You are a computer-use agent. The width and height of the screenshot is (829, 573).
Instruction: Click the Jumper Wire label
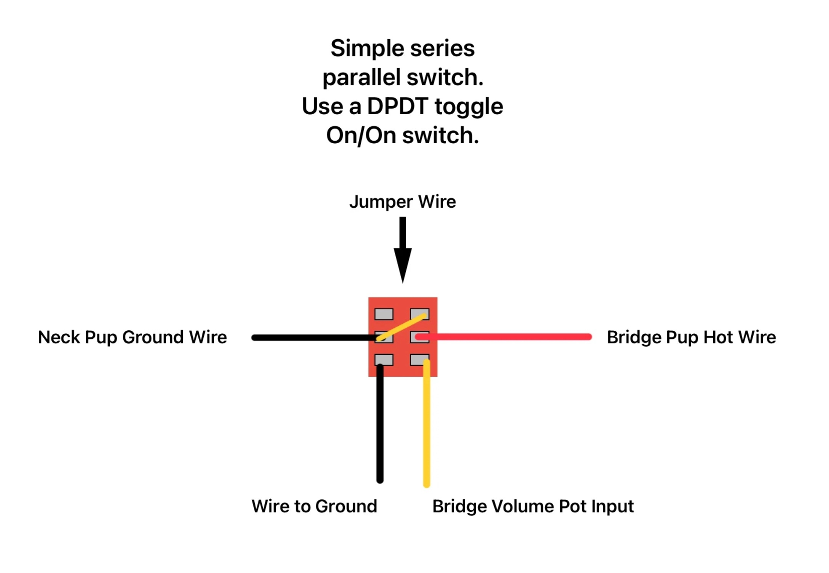(402, 202)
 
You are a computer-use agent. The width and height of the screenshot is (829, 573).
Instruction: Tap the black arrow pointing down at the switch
(403, 250)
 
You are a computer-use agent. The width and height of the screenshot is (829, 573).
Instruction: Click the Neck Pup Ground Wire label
(132, 338)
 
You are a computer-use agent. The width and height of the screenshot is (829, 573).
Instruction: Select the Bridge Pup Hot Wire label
(691, 338)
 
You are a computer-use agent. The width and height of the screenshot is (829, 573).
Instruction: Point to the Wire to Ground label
(314, 506)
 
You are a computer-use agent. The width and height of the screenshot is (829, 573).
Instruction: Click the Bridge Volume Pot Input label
(533, 507)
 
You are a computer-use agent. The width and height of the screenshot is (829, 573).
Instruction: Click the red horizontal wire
(503, 337)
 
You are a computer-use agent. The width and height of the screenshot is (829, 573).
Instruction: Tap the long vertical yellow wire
(427, 423)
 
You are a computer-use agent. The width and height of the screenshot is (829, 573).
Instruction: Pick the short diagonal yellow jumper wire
(401, 327)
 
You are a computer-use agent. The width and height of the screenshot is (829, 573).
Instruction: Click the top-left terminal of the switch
(384, 314)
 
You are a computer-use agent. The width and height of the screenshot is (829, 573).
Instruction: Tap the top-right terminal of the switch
(419, 314)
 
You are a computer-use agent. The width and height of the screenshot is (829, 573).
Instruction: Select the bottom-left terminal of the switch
(384, 360)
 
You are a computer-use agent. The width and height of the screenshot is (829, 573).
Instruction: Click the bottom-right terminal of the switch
(419, 360)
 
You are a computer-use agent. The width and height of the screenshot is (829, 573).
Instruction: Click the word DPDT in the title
(397, 106)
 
